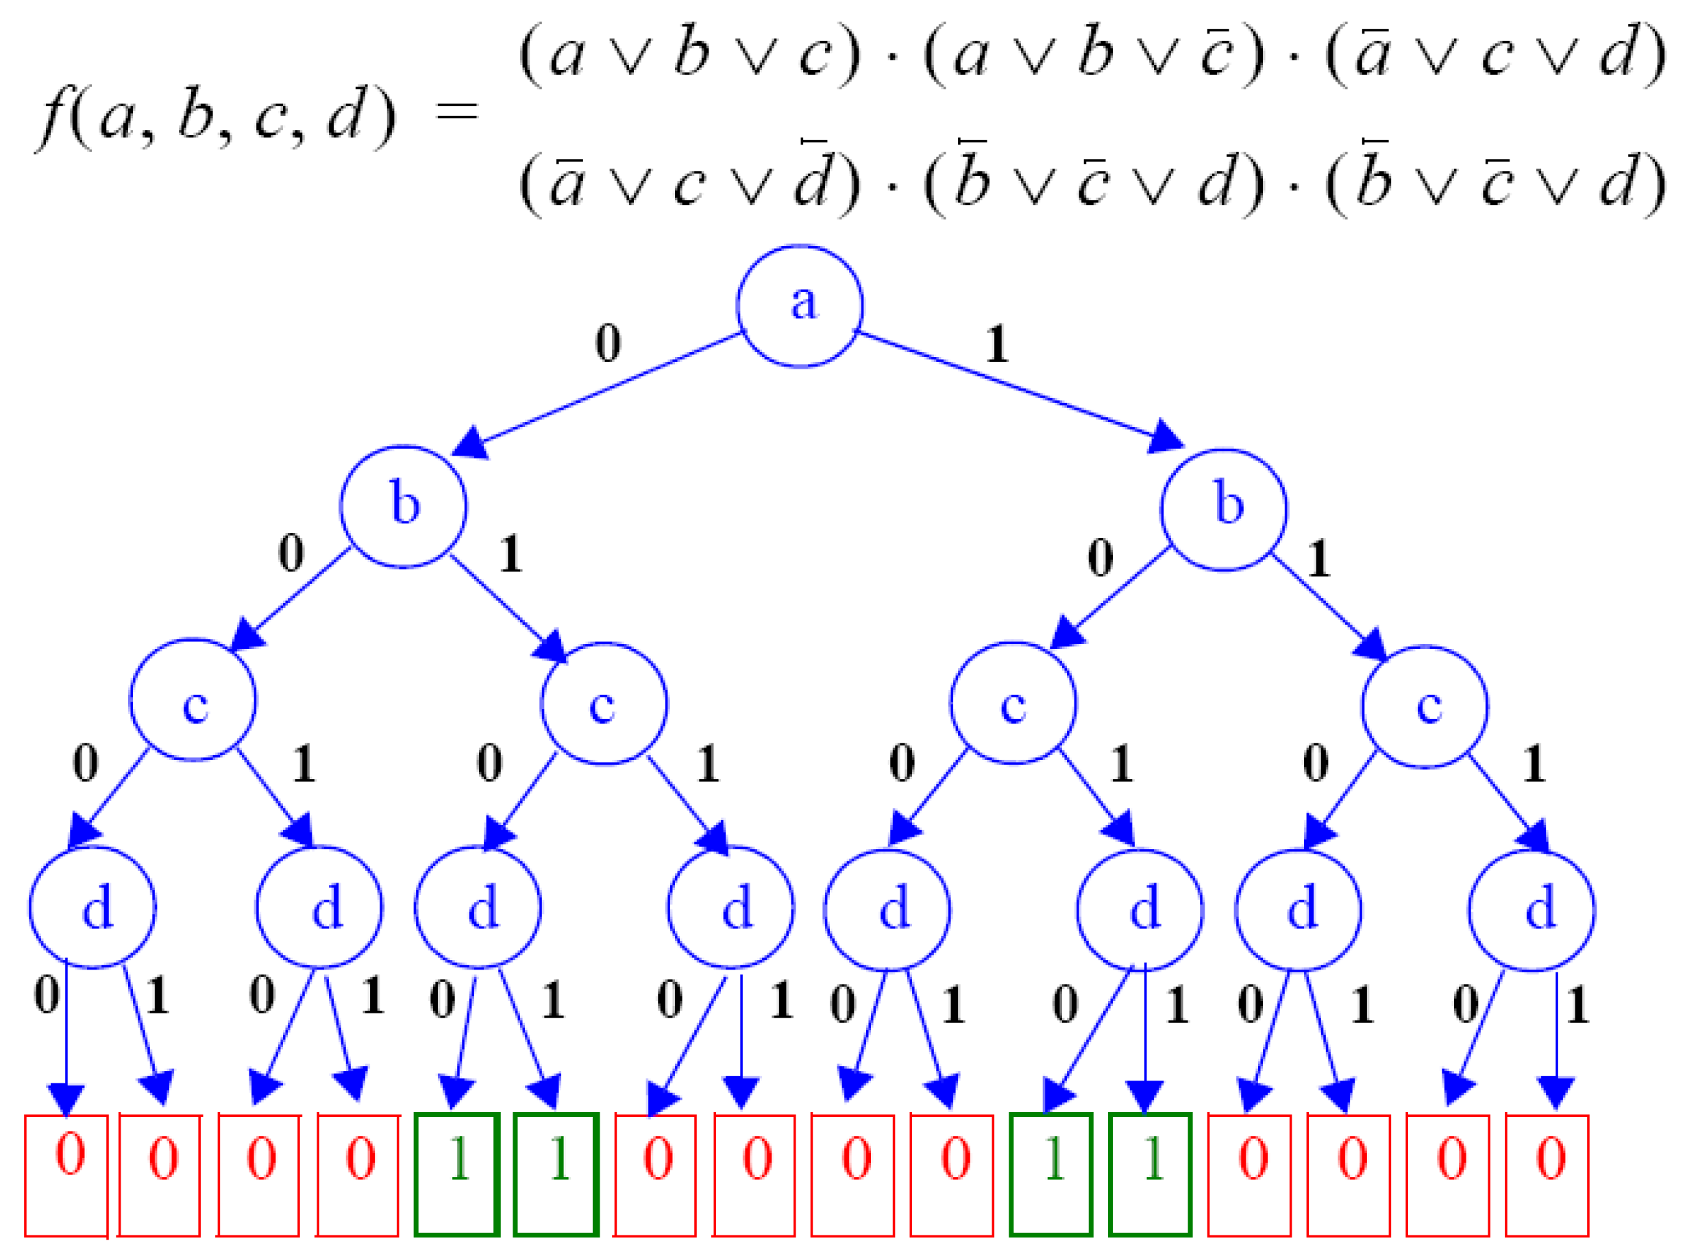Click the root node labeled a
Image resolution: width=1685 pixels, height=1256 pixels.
point(800,306)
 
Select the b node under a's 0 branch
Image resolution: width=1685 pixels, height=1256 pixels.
point(403,506)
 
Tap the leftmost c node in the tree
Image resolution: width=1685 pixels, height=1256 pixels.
point(193,700)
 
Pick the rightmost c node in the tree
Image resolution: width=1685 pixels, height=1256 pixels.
point(1424,706)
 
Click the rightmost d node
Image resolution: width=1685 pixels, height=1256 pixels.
point(1532,911)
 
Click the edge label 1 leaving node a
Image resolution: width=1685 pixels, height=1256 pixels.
point(997,345)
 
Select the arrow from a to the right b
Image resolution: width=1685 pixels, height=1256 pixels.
point(1019,389)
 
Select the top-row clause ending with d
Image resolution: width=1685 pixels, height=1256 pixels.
point(1496,55)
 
